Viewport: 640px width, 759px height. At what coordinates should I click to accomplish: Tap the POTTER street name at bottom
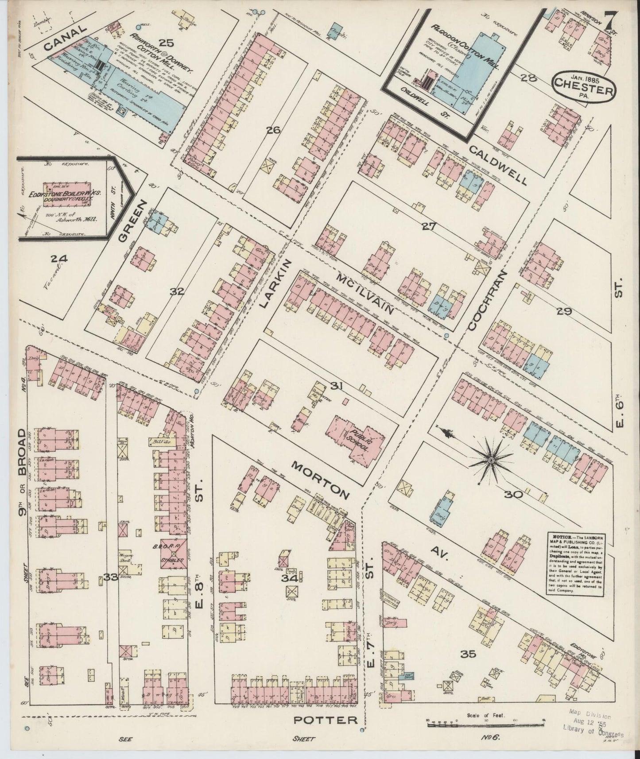pos(326,720)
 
